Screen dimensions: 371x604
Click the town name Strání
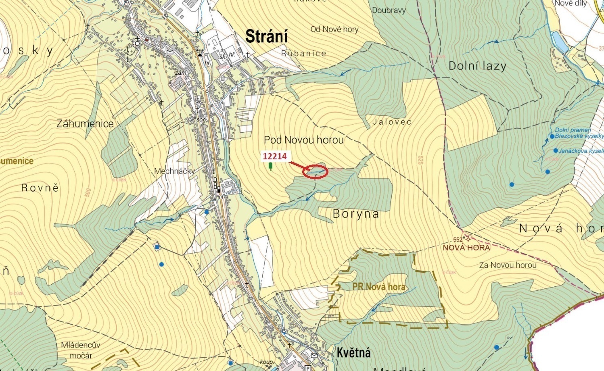pos(267,37)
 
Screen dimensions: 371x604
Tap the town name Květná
pos(353,353)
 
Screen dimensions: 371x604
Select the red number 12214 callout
pos(275,156)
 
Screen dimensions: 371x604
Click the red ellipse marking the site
pos(316,172)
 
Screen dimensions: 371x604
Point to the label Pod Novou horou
pos(304,140)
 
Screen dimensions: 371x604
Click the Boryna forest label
pos(356,214)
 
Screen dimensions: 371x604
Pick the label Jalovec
pos(392,121)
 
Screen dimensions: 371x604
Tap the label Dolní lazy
pos(477,66)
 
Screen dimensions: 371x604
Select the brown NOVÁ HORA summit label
pos(466,248)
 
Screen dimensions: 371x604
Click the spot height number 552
pos(458,240)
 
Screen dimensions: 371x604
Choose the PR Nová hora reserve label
pos(378,287)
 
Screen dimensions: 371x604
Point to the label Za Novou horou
pos(508,265)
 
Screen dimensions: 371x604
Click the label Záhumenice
pos(85,124)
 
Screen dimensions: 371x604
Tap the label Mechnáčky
pos(174,171)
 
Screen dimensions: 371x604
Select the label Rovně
pos(40,188)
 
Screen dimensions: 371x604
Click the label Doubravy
pos(389,10)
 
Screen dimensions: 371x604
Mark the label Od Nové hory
pos(334,29)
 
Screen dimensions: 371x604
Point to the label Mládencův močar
pos(81,350)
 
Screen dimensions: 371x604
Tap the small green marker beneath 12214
pos(270,166)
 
